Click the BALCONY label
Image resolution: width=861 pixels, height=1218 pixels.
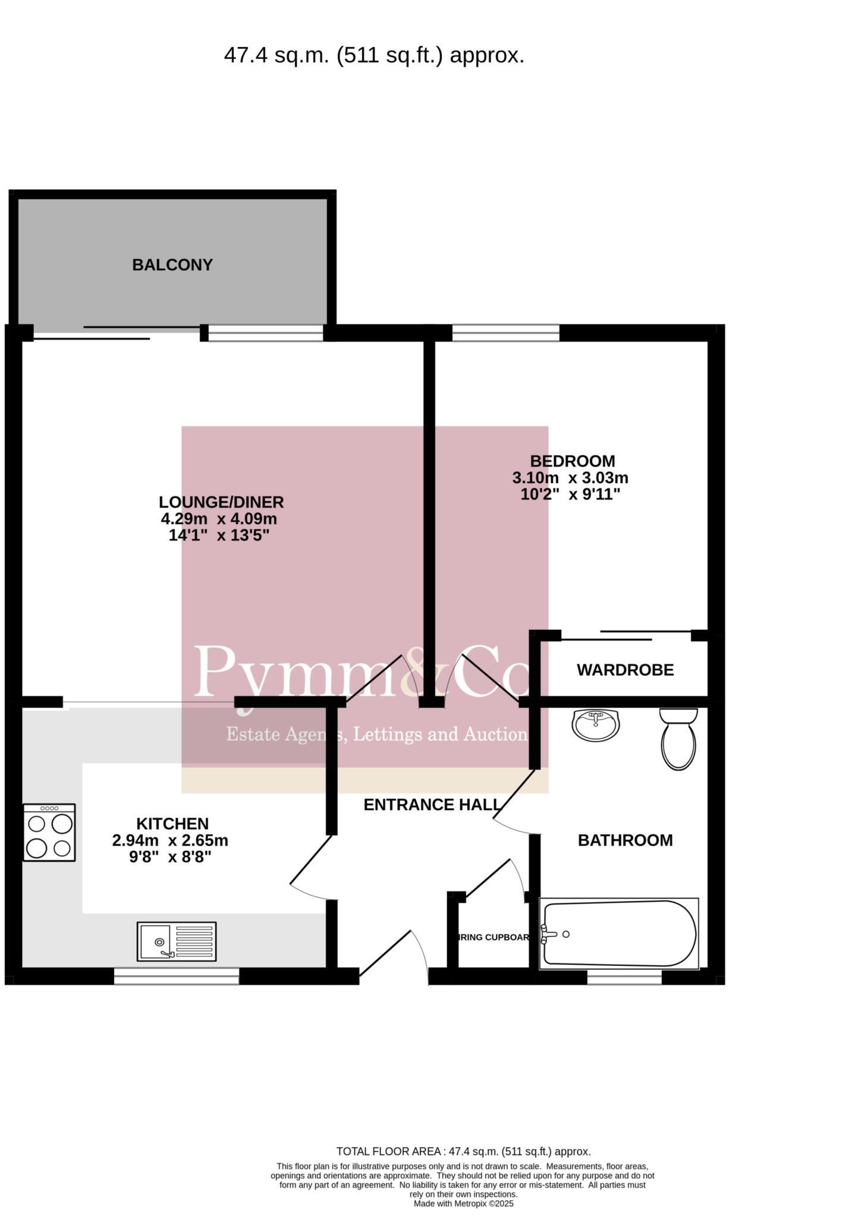[x=172, y=265]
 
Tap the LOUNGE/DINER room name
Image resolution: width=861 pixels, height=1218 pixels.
[x=221, y=502]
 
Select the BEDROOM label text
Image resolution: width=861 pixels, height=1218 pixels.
[x=572, y=461]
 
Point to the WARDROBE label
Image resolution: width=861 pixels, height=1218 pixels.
[x=625, y=670]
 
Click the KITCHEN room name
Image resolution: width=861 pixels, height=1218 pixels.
[x=172, y=824]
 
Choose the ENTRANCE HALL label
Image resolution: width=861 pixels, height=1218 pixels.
[x=433, y=805]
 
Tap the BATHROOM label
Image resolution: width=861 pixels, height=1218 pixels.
[x=625, y=840]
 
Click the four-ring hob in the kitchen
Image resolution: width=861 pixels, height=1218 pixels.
[x=49, y=832]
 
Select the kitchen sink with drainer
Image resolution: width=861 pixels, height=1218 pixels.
[x=177, y=941]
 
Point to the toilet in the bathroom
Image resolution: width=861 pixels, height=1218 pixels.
[x=678, y=739]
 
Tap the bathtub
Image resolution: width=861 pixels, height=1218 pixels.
[x=618, y=934]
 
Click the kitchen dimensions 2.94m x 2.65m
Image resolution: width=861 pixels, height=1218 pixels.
[x=170, y=840]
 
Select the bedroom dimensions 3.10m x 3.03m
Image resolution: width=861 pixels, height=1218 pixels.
[x=570, y=478]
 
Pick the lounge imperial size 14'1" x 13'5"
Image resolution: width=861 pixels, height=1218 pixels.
[x=219, y=535]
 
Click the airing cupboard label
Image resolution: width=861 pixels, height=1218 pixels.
[x=494, y=937]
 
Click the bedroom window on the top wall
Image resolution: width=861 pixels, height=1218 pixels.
[x=505, y=332]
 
